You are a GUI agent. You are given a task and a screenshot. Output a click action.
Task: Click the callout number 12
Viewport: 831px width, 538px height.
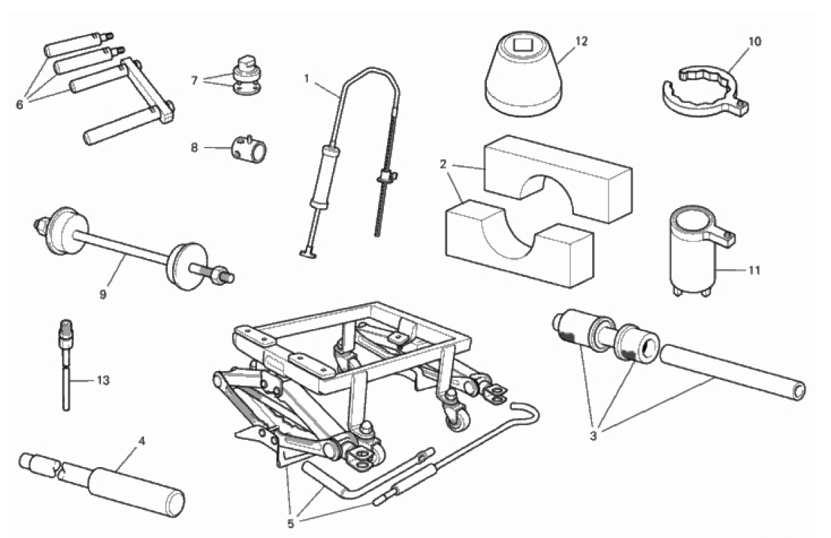(581, 42)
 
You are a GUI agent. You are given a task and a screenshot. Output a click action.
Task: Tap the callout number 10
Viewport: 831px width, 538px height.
(754, 42)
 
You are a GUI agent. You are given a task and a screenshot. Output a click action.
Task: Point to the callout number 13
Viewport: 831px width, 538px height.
(103, 381)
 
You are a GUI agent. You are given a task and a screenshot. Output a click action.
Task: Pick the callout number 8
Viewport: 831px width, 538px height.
(194, 148)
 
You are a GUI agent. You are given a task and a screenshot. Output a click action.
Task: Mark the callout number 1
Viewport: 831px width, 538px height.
(306, 78)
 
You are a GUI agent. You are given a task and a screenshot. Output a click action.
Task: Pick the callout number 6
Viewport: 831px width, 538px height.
(20, 104)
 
